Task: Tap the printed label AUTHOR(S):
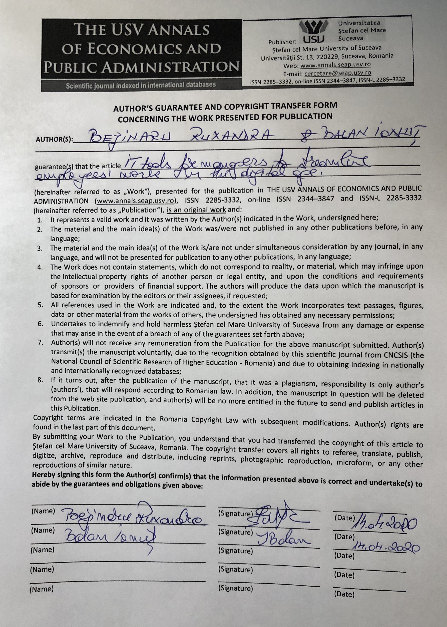pos(54,139)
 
